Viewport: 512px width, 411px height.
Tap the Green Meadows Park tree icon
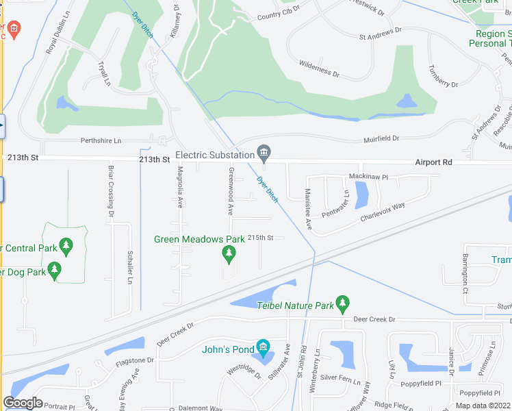229,255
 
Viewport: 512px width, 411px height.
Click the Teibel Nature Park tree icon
342,301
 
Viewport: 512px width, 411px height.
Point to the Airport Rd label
434,162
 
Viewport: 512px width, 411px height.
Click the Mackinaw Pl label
368,177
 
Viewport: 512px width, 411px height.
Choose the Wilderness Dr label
318,68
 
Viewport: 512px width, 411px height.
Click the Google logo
23,403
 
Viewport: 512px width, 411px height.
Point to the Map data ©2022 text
483,406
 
